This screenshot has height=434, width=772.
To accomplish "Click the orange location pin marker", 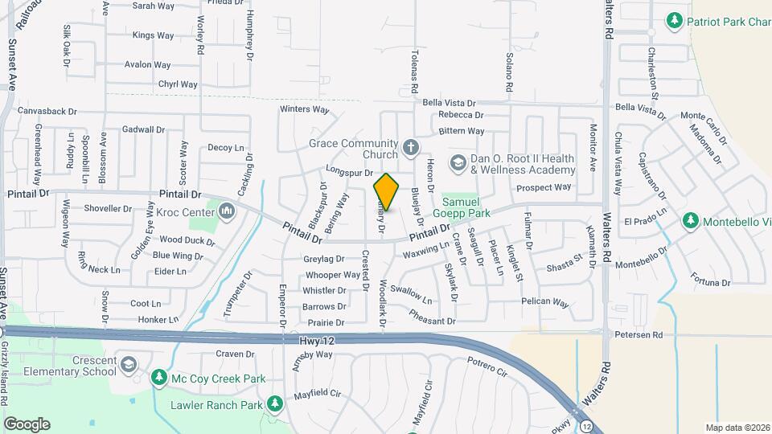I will (386, 192).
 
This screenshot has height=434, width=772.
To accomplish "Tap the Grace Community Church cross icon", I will (410, 146).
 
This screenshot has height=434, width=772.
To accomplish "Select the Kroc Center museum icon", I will (227, 211).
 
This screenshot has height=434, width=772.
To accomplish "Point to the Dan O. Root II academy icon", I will (458, 162).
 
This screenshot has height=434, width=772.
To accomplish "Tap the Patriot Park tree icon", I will (675, 20).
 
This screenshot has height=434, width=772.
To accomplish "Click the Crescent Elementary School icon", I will (128, 366).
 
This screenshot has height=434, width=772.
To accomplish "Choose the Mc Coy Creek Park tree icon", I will (159, 377).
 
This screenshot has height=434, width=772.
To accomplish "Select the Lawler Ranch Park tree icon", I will (274, 403).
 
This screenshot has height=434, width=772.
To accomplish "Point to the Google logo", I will (27, 424).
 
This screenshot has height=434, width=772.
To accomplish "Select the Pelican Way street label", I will (544, 303).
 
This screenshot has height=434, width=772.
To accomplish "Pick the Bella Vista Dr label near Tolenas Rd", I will (450, 103).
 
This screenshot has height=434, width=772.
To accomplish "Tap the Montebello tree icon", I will (690, 220).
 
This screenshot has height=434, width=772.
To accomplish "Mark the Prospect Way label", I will (544, 187).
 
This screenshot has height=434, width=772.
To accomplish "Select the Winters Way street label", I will (305, 109).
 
